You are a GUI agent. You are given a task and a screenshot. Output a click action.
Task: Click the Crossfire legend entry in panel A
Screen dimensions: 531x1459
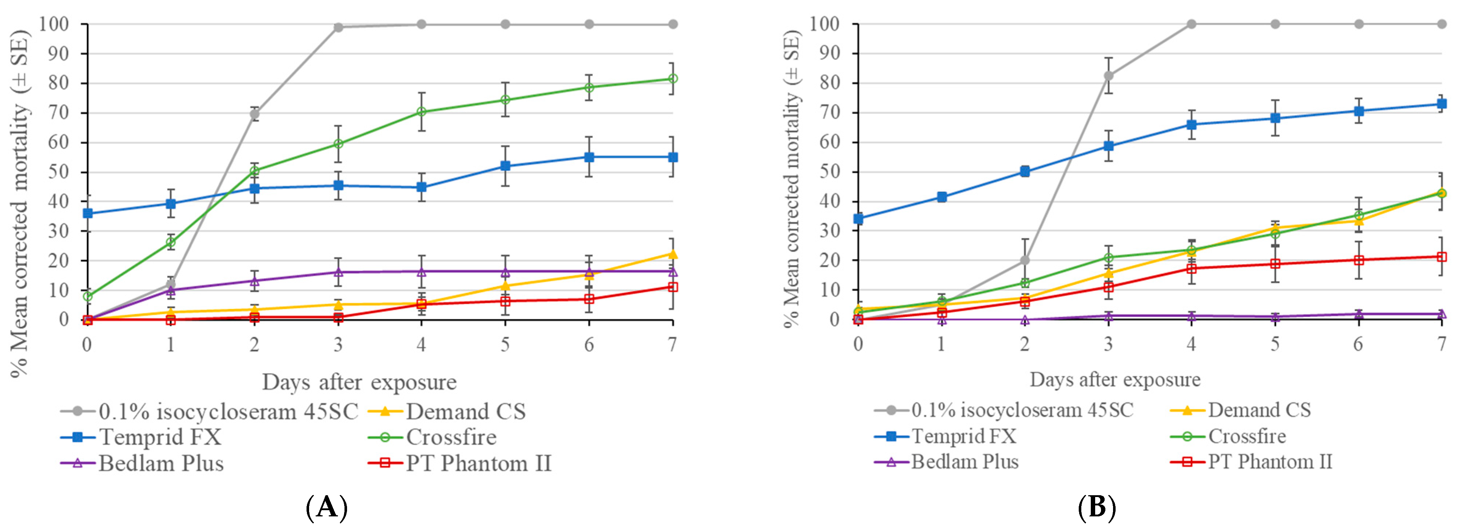point(451,437)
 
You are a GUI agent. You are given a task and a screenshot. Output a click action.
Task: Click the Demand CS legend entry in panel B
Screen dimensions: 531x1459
point(1259,410)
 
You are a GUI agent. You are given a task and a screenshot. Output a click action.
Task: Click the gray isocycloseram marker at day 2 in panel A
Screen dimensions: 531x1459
point(254,114)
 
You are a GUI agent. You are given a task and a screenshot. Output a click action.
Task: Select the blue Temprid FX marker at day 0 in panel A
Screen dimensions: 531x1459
point(87,213)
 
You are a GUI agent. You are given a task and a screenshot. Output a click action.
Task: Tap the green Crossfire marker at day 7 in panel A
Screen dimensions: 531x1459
point(672,79)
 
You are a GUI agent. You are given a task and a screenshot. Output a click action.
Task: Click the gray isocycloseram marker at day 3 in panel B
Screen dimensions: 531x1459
point(1108,75)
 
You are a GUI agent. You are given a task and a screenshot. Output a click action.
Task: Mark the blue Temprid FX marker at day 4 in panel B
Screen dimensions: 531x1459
point(1192,125)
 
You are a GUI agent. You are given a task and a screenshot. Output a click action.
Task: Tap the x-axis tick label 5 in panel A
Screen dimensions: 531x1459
point(505,344)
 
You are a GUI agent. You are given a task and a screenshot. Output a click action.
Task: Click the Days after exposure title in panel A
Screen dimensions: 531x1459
point(359,382)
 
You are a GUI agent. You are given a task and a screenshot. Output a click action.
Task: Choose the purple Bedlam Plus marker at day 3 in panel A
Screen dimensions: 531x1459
point(338,272)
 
